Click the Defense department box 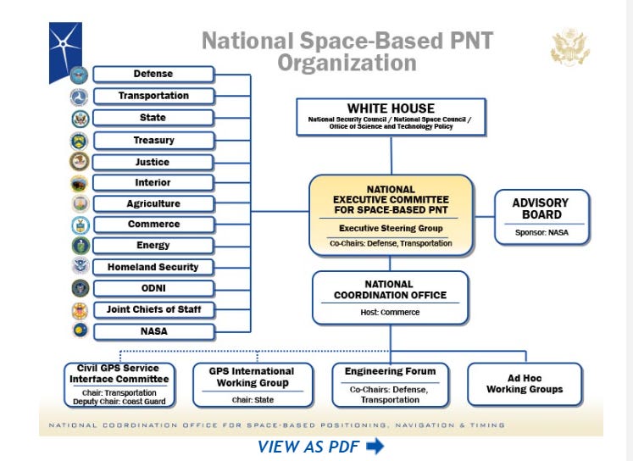pyautogui.click(x=153, y=74)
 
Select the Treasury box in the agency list pyautogui.click(x=153, y=140)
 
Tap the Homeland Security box pyautogui.click(x=153, y=267)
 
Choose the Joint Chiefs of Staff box pyautogui.click(x=153, y=309)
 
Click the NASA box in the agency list pyautogui.click(x=153, y=331)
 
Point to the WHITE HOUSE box pyautogui.click(x=391, y=116)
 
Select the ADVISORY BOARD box pyautogui.click(x=541, y=217)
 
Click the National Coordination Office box pyautogui.click(x=390, y=297)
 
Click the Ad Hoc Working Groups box pyautogui.click(x=525, y=384)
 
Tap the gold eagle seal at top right pyautogui.click(x=569, y=47)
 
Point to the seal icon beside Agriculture pyautogui.click(x=80, y=204)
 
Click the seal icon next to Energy pyautogui.click(x=80, y=246)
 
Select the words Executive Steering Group pyautogui.click(x=391, y=228)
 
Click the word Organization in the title pyautogui.click(x=347, y=63)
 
